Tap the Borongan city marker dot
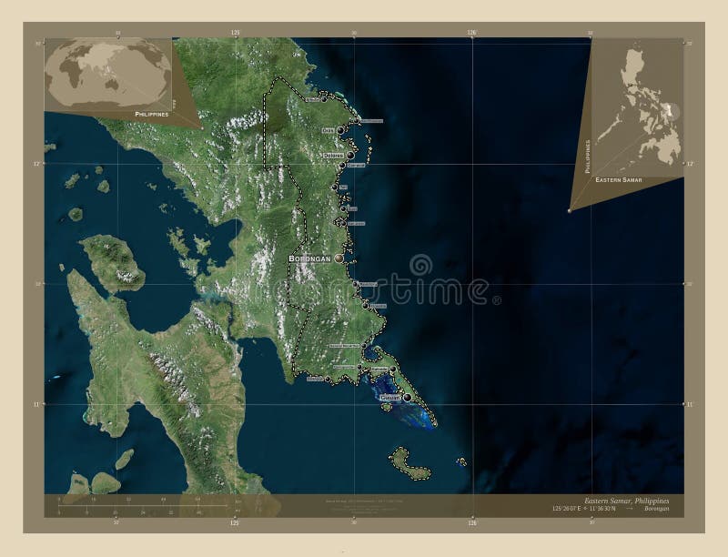click(339, 259)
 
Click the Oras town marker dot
click(340, 131)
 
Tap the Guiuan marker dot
click(408, 398)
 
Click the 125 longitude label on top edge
click(235, 33)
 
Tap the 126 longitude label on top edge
click(471, 33)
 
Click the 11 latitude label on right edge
click(689, 403)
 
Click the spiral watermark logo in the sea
click(420, 266)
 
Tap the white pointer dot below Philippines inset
click(570, 211)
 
